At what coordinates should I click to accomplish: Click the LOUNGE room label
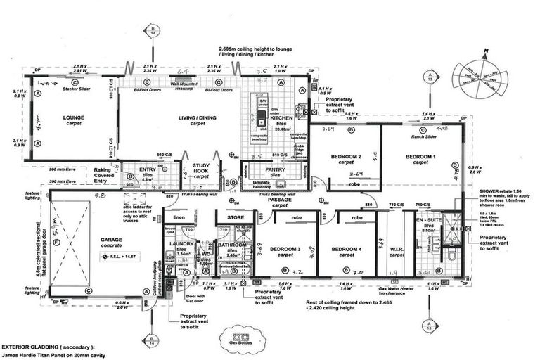pyautogui.click(x=73, y=117)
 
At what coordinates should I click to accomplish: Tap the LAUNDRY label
pyautogui.click(x=181, y=243)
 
